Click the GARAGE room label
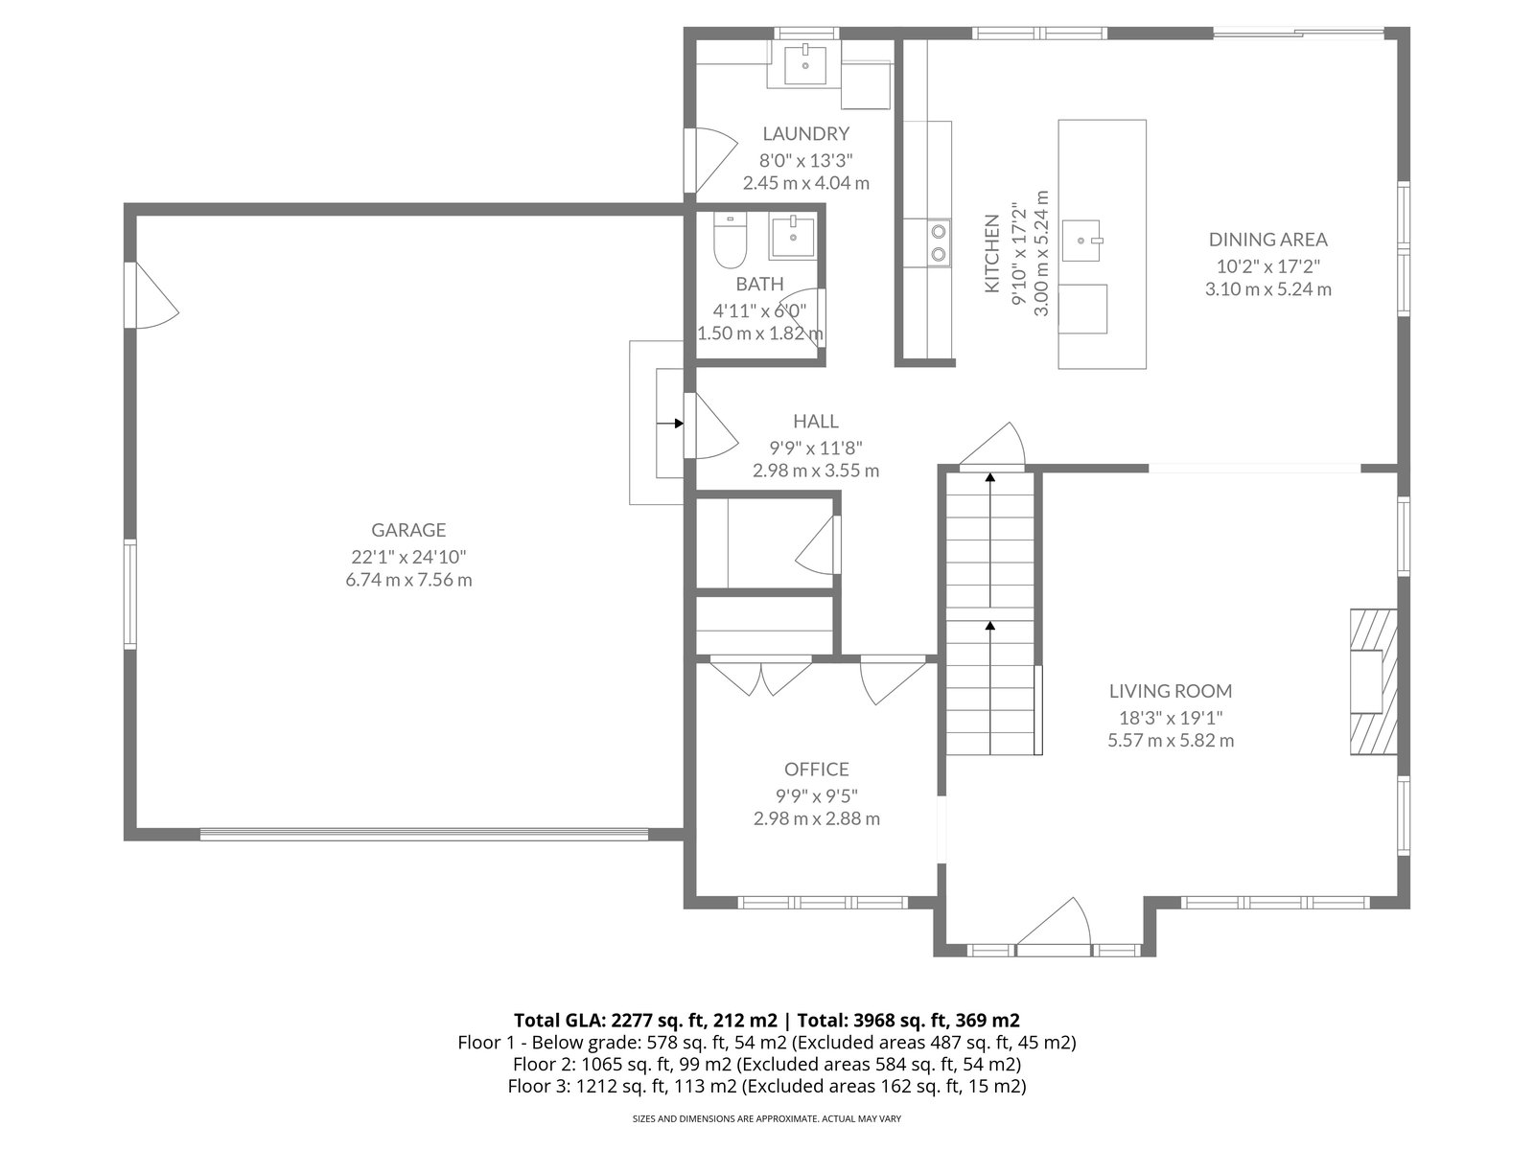coord(408,530)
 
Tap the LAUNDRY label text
coord(805,133)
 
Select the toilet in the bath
coord(730,241)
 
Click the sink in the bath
coord(793,237)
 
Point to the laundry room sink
coord(805,63)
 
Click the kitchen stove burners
coord(939,242)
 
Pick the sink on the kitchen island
coord(1081,241)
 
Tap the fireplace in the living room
coord(1373,681)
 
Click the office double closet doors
coord(760,677)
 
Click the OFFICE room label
coord(816,770)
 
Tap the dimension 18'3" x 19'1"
coord(1171,717)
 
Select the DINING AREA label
coord(1267,240)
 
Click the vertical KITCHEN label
coord(991,253)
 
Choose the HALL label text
coord(816,421)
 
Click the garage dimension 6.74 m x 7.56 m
coord(408,580)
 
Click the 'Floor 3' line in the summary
coord(767,1086)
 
